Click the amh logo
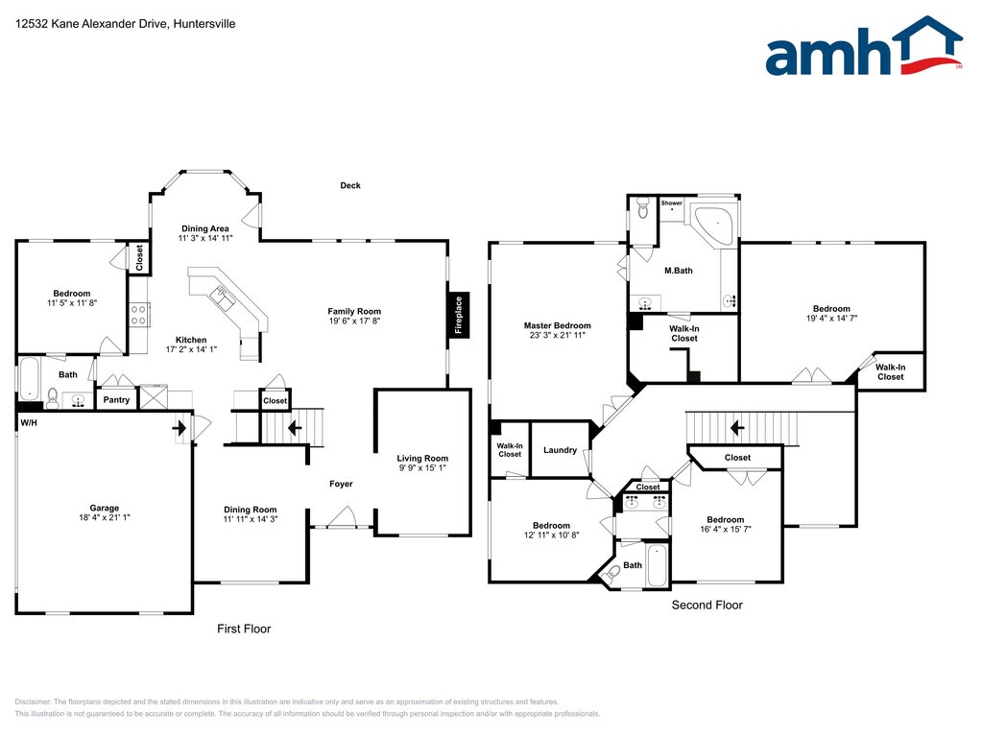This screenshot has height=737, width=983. [864, 46]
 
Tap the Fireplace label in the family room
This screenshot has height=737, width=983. [458, 315]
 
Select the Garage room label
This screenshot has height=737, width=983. [104, 508]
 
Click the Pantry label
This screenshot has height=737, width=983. [116, 400]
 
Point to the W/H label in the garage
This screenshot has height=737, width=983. [29, 423]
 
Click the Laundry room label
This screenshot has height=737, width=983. [560, 450]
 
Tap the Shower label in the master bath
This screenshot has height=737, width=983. [671, 203]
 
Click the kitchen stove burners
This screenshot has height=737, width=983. [138, 315]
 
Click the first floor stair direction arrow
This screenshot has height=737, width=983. [294, 428]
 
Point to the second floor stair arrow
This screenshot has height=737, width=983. [737, 428]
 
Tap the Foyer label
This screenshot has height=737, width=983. [341, 484]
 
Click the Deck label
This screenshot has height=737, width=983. [350, 185]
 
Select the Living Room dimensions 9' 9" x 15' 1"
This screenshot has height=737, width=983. [422, 467]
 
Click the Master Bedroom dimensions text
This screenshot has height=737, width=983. [558, 335]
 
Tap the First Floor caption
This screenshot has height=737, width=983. [244, 629]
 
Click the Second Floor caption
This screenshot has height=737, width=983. [707, 605]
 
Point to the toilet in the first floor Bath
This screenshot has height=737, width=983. [53, 398]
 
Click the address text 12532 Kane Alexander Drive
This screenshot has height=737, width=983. [91, 24]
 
